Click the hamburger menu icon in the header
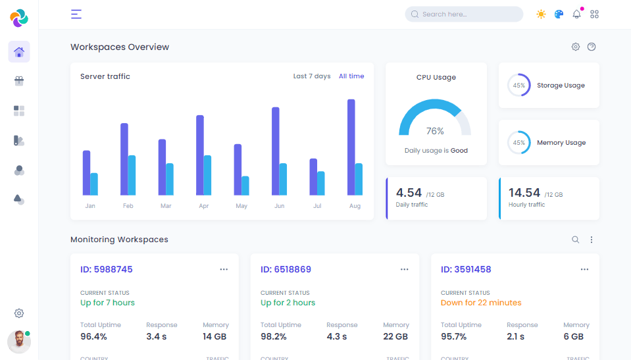click(x=76, y=14)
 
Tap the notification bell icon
click(x=576, y=14)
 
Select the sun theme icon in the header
click(x=541, y=14)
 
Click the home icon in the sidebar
click(x=19, y=52)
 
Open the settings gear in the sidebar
click(x=19, y=313)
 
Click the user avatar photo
click(x=19, y=342)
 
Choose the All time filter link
click(x=351, y=76)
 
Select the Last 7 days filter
click(x=312, y=76)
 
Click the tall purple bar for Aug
click(x=351, y=147)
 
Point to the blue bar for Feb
click(x=132, y=175)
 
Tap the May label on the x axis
click(x=241, y=206)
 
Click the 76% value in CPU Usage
click(x=435, y=131)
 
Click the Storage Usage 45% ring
click(x=519, y=86)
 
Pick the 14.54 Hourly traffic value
click(x=524, y=193)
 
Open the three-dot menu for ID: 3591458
click(x=584, y=269)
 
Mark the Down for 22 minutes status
click(x=481, y=303)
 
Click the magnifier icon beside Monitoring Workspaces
click(x=575, y=240)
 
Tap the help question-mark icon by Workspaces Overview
click(x=592, y=47)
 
